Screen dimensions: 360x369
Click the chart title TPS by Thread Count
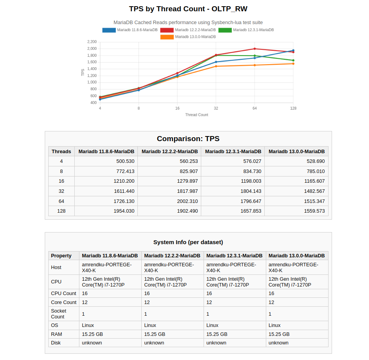point(188,9)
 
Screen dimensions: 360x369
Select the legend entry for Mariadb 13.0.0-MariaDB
point(188,37)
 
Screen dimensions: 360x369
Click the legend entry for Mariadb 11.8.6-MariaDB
point(130,30)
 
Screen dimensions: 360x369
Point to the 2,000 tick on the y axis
point(92,49)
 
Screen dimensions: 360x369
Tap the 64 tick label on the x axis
point(255,108)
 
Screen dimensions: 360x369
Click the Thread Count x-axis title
point(197,115)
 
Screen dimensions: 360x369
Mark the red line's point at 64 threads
point(255,49)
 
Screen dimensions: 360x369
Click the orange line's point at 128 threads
point(293,64)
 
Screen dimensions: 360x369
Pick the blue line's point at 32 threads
point(216,62)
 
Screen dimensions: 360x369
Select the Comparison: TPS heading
point(188,139)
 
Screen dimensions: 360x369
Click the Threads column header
point(61,151)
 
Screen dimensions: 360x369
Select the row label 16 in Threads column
point(61,181)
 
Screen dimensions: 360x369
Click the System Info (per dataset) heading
point(188,242)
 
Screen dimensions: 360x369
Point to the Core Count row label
point(64,302)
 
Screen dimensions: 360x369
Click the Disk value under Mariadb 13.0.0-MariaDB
point(279,343)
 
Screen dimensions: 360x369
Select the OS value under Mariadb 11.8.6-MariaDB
point(88,325)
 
